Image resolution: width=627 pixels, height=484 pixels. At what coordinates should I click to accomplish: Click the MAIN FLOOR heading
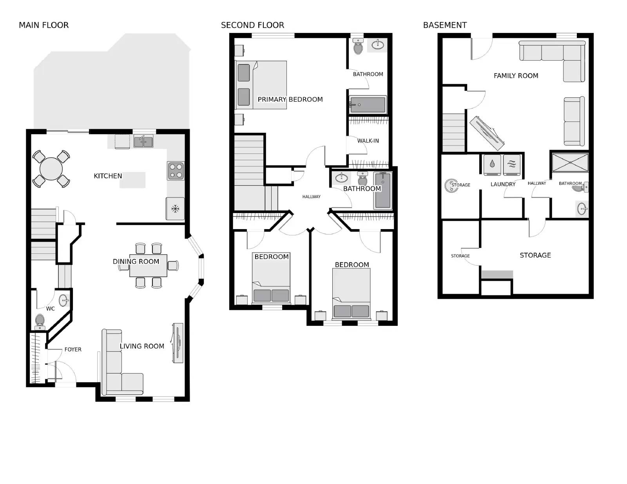[x=43, y=25]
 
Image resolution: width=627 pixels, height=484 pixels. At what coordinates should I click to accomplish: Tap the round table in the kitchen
[x=51, y=168]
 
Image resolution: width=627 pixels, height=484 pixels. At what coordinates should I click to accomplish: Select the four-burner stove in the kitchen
[x=176, y=171]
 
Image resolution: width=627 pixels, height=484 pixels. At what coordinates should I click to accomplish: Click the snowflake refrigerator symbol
[x=175, y=209]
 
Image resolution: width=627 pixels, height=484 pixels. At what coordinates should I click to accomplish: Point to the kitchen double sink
[x=143, y=141]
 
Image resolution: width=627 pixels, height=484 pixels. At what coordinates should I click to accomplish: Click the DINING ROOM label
[x=136, y=261]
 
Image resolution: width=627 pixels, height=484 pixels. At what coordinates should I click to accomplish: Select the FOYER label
[x=73, y=349]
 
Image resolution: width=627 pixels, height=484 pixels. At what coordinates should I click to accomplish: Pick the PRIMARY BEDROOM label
[x=290, y=99]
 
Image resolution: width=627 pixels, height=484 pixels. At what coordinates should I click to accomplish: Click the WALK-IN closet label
[x=368, y=141]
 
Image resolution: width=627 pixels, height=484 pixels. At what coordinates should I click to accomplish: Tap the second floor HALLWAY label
[x=311, y=197]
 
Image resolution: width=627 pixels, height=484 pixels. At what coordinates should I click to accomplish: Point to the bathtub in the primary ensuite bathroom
[x=368, y=105]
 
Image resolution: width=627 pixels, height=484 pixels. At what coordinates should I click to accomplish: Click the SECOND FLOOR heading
[x=252, y=25]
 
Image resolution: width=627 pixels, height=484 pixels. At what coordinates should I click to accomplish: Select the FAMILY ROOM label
[x=516, y=76]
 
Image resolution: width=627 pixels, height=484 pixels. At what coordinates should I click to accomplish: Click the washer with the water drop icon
[x=492, y=164]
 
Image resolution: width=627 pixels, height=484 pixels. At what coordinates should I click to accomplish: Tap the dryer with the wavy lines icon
[x=511, y=164]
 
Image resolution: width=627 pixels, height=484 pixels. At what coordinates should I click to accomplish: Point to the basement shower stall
[x=570, y=163]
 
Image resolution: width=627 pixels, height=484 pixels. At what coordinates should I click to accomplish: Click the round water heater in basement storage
[x=451, y=186]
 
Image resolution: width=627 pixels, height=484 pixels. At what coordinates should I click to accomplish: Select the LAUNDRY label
[x=503, y=184]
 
